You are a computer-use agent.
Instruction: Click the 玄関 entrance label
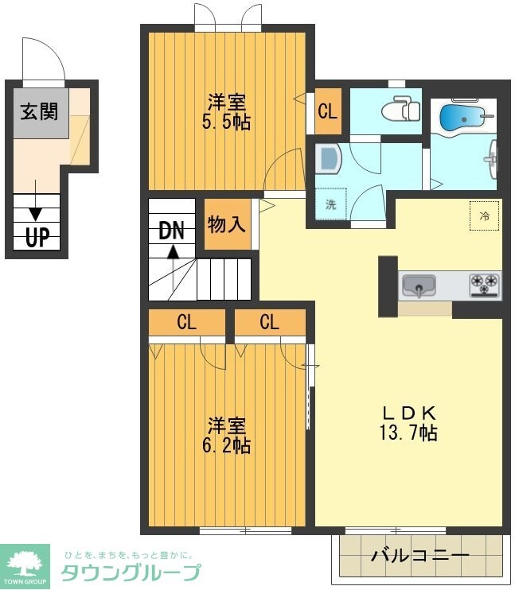pyautogui.click(x=40, y=112)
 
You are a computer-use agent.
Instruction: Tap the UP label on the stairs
pyautogui.click(x=37, y=238)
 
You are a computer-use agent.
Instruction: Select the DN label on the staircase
pyautogui.click(x=171, y=231)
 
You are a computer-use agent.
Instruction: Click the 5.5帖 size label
pyautogui.click(x=226, y=122)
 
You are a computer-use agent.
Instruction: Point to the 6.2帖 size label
pyautogui.click(x=226, y=445)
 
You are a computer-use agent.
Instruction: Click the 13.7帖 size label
pyautogui.click(x=408, y=432)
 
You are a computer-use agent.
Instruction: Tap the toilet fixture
pyautogui.click(x=400, y=109)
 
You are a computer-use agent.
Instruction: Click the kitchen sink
pyautogui.click(x=419, y=286)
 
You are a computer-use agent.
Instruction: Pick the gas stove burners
pyautogui.click(x=485, y=285)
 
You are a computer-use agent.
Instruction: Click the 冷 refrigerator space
pyautogui.click(x=485, y=216)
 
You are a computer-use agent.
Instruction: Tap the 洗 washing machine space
pyautogui.click(x=330, y=204)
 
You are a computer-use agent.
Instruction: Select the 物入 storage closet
pyautogui.click(x=227, y=224)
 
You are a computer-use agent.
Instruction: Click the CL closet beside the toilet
pyautogui.click(x=328, y=111)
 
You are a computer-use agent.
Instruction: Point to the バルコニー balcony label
pyautogui.click(x=420, y=555)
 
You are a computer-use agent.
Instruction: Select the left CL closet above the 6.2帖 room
pyautogui.click(x=187, y=323)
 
